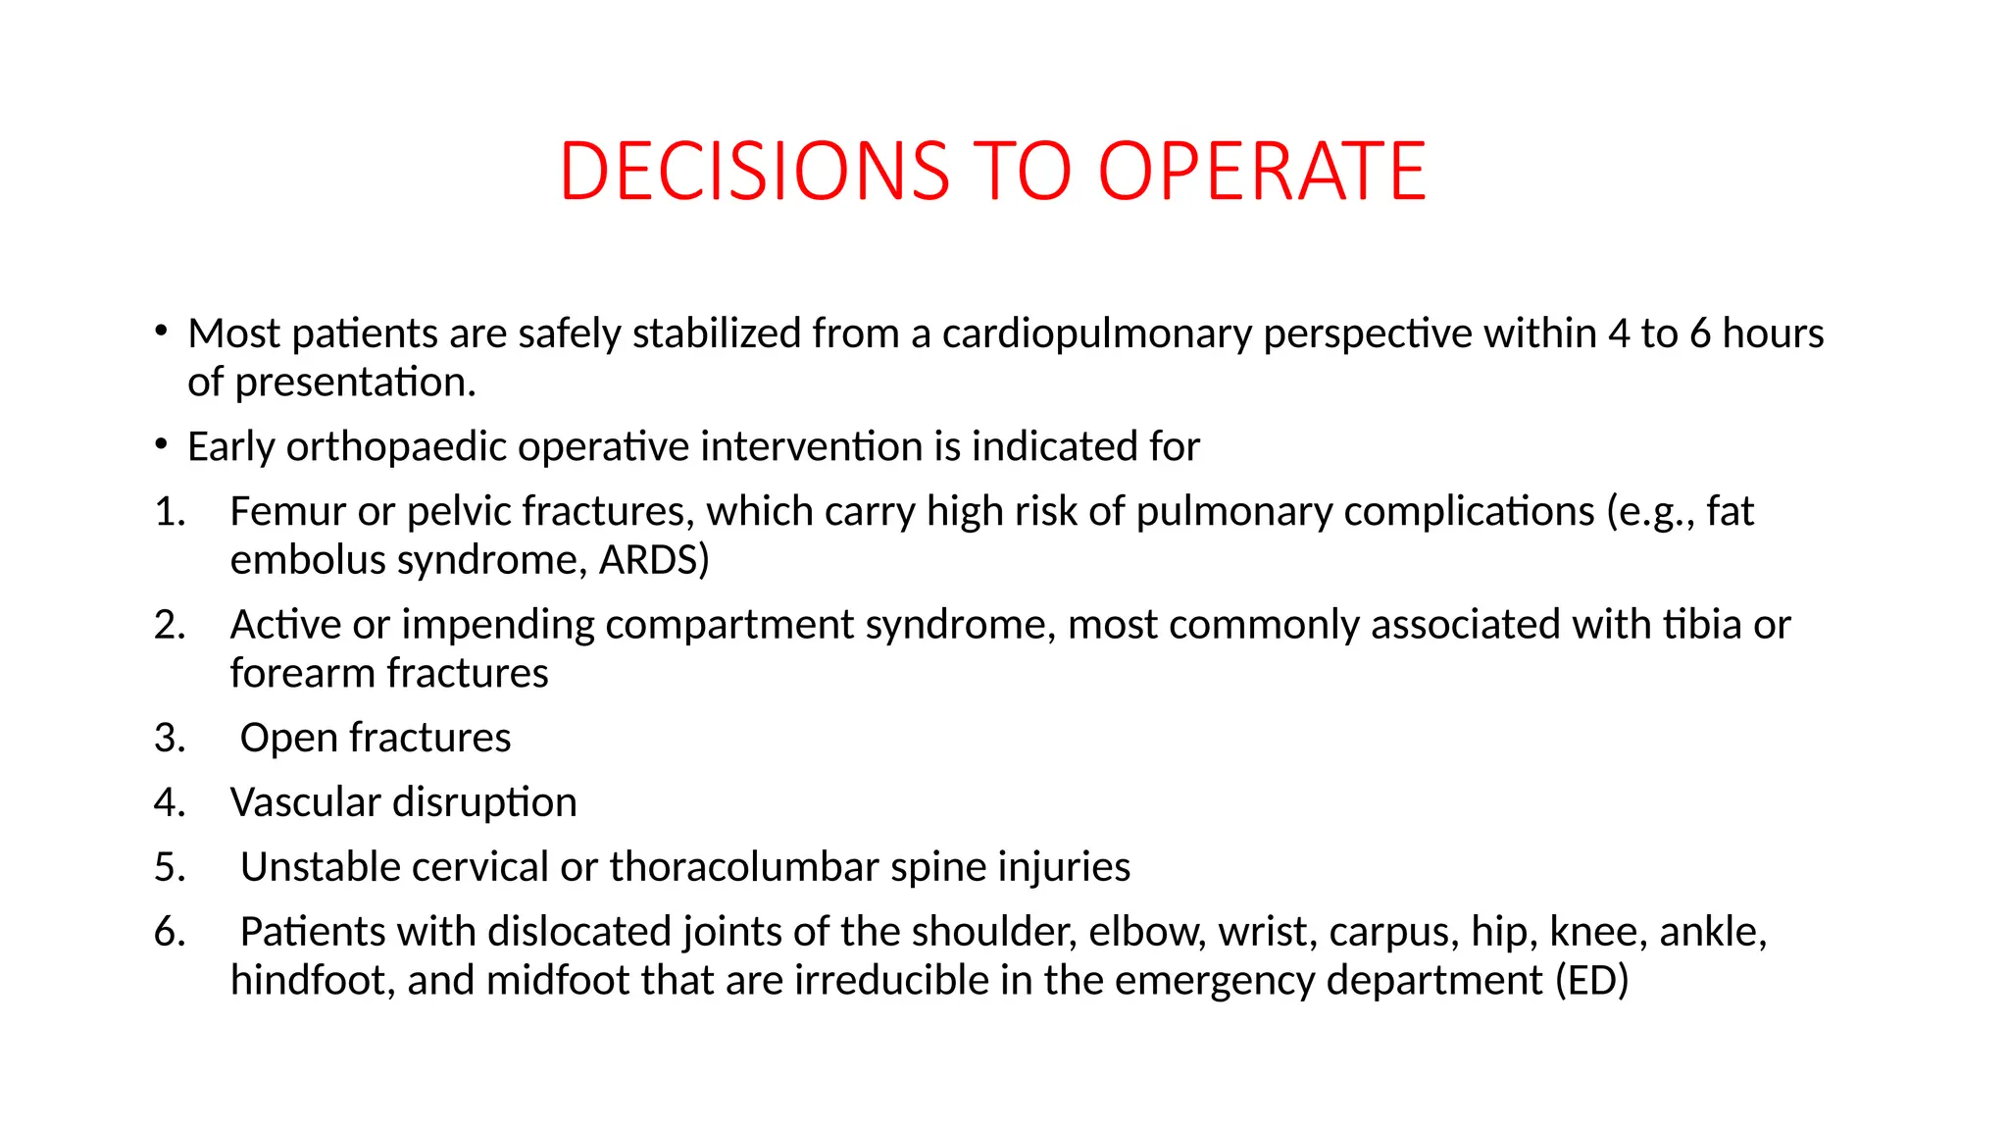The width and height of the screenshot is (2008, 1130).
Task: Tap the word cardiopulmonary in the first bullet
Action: click(x=1097, y=334)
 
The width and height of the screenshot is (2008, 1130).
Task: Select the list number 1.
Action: click(x=170, y=512)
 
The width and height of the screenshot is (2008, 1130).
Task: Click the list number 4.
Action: click(x=170, y=802)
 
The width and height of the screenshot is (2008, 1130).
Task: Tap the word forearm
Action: click(x=303, y=674)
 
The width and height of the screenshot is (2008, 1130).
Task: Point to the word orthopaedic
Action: click(x=396, y=447)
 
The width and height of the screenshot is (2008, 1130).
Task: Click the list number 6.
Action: click(x=170, y=932)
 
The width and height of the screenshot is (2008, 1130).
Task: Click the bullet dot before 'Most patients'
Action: click(x=161, y=331)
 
